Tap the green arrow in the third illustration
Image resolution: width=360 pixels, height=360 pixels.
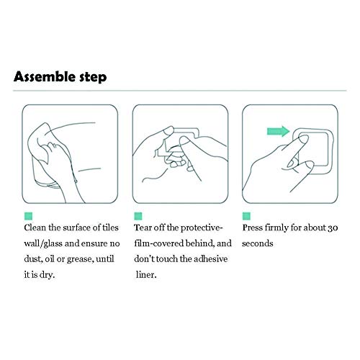(x=279, y=131)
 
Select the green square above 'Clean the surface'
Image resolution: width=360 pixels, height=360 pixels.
(x=28, y=216)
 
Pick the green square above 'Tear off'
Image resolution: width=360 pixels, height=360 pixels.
(x=138, y=216)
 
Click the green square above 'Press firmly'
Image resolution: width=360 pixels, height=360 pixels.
(x=246, y=216)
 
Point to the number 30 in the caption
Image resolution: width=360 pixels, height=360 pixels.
(x=333, y=228)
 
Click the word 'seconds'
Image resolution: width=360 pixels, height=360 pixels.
(x=258, y=243)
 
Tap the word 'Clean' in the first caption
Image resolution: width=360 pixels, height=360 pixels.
(x=35, y=228)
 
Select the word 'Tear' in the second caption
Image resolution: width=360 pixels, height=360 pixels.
(x=143, y=228)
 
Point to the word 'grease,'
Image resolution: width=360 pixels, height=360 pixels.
(x=81, y=259)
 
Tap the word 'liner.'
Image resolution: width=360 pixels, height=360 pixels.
(x=146, y=274)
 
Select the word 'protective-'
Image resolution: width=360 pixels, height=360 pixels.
(x=202, y=228)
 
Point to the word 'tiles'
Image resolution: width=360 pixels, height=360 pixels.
(x=110, y=228)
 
